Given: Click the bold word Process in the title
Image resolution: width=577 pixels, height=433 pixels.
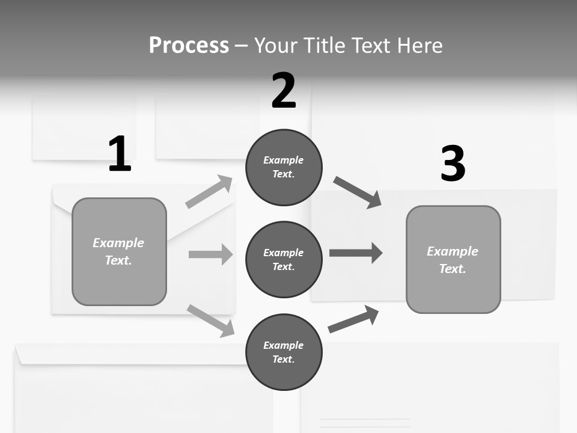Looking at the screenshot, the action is [x=189, y=46].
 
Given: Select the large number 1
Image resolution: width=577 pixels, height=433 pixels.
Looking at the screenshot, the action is [x=120, y=154].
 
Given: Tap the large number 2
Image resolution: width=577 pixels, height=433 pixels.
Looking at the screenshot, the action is [x=284, y=91].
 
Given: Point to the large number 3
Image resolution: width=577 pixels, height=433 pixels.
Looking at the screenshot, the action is [x=453, y=164].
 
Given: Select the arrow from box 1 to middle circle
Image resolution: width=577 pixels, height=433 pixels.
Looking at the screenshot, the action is [x=210, y=254].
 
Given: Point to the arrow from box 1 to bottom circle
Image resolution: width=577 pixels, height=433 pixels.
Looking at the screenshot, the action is [x=210, y=320].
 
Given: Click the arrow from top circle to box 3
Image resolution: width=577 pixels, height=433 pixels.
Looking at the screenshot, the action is [x=357, y=192].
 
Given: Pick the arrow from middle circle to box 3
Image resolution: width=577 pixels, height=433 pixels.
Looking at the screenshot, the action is [x=355, y=253].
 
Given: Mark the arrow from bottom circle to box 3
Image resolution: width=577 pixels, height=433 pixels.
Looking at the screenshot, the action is [x=353, y=319].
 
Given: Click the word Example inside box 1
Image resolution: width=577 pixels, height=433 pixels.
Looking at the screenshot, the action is [x=118, y=243].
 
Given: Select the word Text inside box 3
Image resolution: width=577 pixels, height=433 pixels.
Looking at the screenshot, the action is [x=452, y=269].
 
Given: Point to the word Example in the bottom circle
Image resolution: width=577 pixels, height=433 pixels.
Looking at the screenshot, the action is [x=284, y=345].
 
